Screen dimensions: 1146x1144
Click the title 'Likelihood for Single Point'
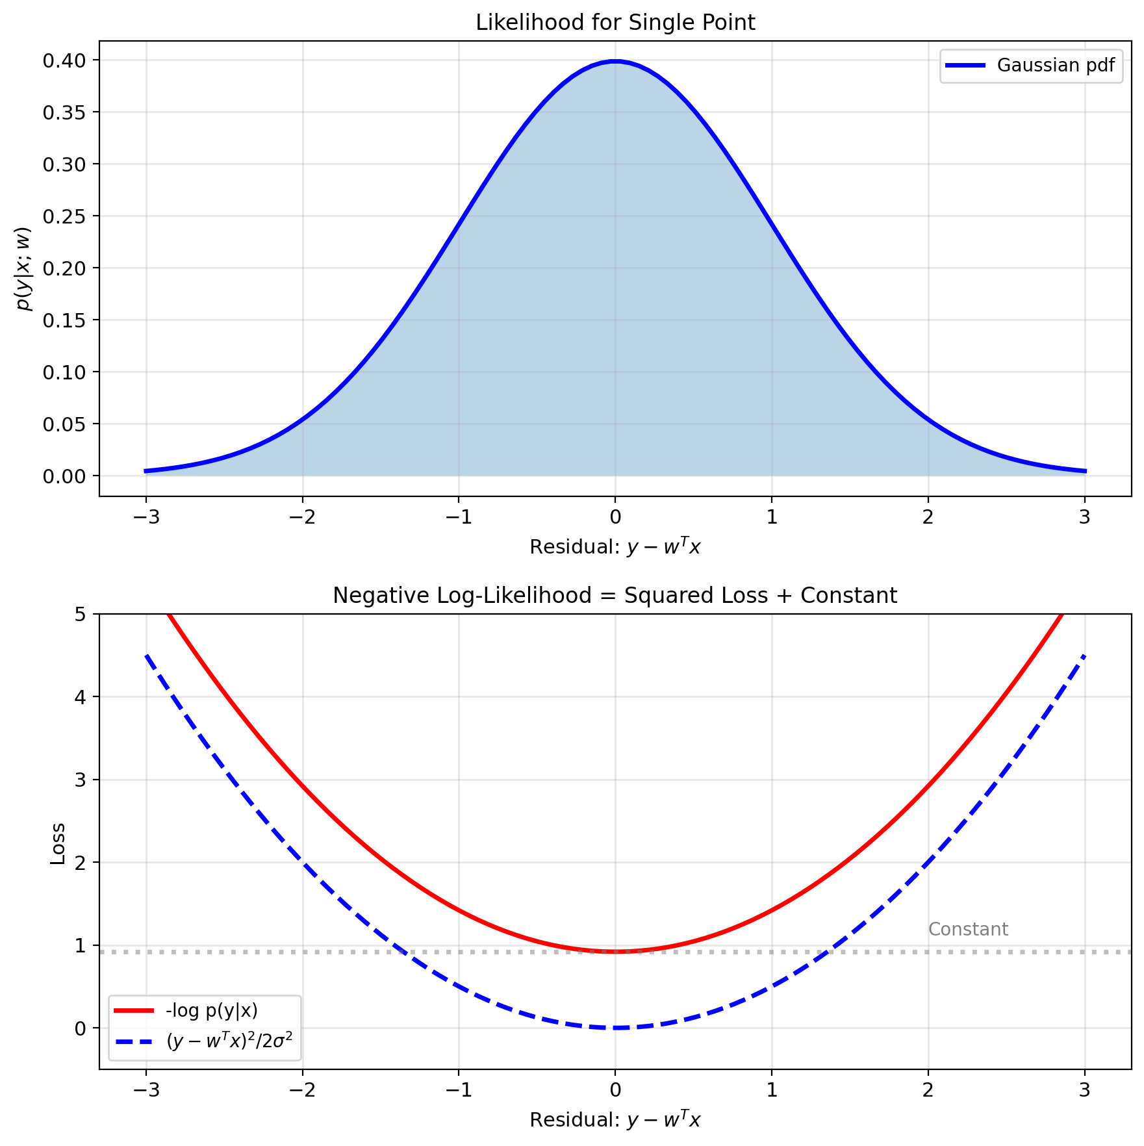[615, 23]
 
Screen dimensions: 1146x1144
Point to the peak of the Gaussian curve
[615, 62]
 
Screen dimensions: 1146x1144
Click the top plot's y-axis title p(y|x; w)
[25, 268]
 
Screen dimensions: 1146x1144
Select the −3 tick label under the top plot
[146, 517]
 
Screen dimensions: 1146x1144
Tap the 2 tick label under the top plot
[928, 517]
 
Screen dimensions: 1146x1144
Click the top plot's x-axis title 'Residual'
[615, 547]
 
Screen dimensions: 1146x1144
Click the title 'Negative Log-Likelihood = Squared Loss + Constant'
[615, 596]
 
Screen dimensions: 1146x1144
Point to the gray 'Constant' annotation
[968, 930]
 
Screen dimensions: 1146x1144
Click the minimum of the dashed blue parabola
[615, 1028]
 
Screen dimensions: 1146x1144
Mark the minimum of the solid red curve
[615, 952]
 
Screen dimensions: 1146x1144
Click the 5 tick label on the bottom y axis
[81, 615]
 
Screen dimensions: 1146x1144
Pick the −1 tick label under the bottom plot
[459, 1090]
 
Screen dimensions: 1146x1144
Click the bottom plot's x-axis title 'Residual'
[615, 1120]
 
